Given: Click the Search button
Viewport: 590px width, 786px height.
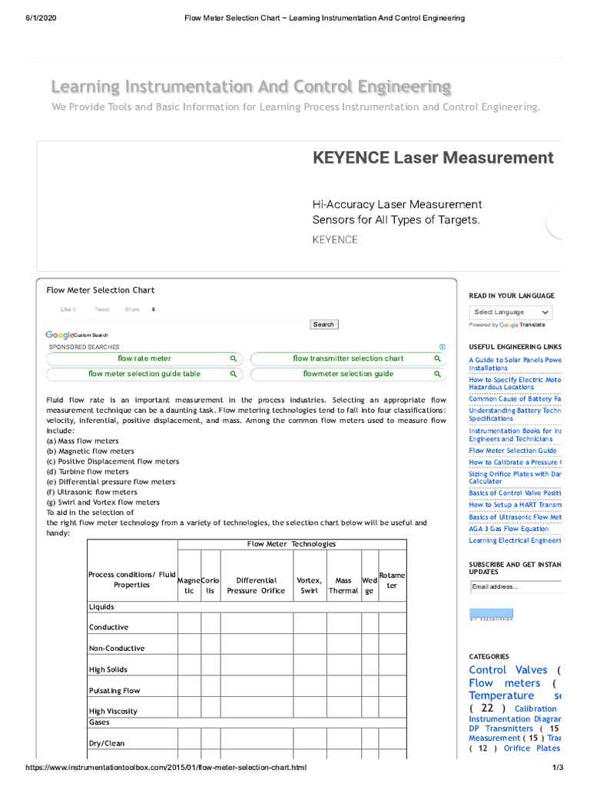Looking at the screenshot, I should (x=323, y=325).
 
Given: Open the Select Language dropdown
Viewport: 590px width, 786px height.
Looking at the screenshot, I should (x=511, y=312).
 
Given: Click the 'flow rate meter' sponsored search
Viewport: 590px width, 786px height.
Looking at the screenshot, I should (x=144, y=358).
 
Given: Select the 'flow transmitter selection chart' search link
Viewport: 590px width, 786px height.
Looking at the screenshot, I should (x=347, y=358).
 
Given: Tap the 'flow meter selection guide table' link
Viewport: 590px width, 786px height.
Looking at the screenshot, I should (x=144, y=374).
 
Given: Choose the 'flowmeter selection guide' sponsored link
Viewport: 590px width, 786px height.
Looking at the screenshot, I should (x=347, y=374).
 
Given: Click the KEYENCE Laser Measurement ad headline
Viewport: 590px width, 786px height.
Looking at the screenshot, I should (x=433, y=158).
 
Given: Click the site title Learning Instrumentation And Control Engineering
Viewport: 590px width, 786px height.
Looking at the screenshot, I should (x=251, y=86).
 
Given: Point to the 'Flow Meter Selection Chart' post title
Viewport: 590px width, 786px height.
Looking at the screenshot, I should (x=101, y=290).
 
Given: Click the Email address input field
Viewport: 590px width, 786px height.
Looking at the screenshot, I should (x=515, y=587).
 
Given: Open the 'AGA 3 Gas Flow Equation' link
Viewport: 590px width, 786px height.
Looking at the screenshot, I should (x=509, y=529).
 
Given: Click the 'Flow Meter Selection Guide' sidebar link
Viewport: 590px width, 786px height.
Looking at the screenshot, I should (x=512, y=451).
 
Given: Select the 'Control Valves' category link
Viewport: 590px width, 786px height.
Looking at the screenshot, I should (x=498, y=670).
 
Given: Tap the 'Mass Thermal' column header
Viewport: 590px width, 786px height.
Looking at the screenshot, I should (x=343, y=586).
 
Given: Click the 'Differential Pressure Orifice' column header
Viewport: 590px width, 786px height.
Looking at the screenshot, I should (x=256, y=586).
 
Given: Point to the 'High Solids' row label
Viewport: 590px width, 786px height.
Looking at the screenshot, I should (x=108, y=670).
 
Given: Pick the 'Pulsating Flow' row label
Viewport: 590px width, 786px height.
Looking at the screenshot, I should (x=114, y=691).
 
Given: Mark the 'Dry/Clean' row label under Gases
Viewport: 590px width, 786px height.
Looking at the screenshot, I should (x=107, y=743).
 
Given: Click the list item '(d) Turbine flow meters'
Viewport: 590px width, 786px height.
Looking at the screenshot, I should (x=88, y=471).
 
